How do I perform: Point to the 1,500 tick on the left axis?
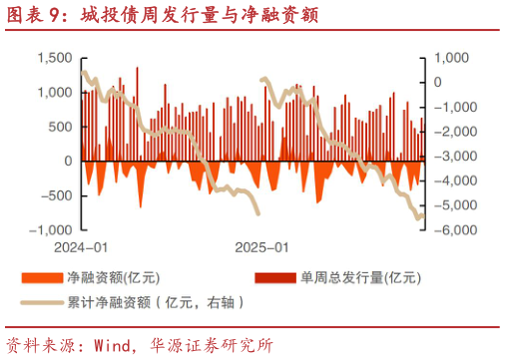click(54, 58)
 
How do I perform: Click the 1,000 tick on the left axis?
click(54, 93)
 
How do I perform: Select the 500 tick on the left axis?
click(60, 127)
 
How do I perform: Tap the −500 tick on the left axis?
click(56, 194)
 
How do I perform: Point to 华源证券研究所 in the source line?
click(211, 346)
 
